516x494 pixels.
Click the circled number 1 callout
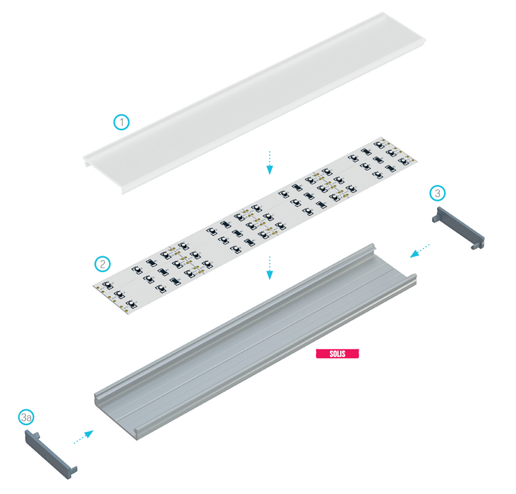(122, 122)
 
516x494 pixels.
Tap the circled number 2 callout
(103, 264)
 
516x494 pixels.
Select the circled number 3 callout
(438, 193)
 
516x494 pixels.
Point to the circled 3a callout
(26, 418)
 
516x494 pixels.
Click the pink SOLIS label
(337, 354)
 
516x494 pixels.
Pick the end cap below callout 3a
(51, 454)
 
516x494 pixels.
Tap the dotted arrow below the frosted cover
(269, 163)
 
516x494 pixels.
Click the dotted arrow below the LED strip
(269, 268)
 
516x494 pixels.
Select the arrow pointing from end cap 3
(420, 251)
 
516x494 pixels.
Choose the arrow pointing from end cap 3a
(83, 437)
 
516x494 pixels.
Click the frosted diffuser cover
(254, 103)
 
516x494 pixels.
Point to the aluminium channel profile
(255, 342)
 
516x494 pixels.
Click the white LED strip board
(255, 226)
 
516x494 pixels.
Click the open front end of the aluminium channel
(116, 417)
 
